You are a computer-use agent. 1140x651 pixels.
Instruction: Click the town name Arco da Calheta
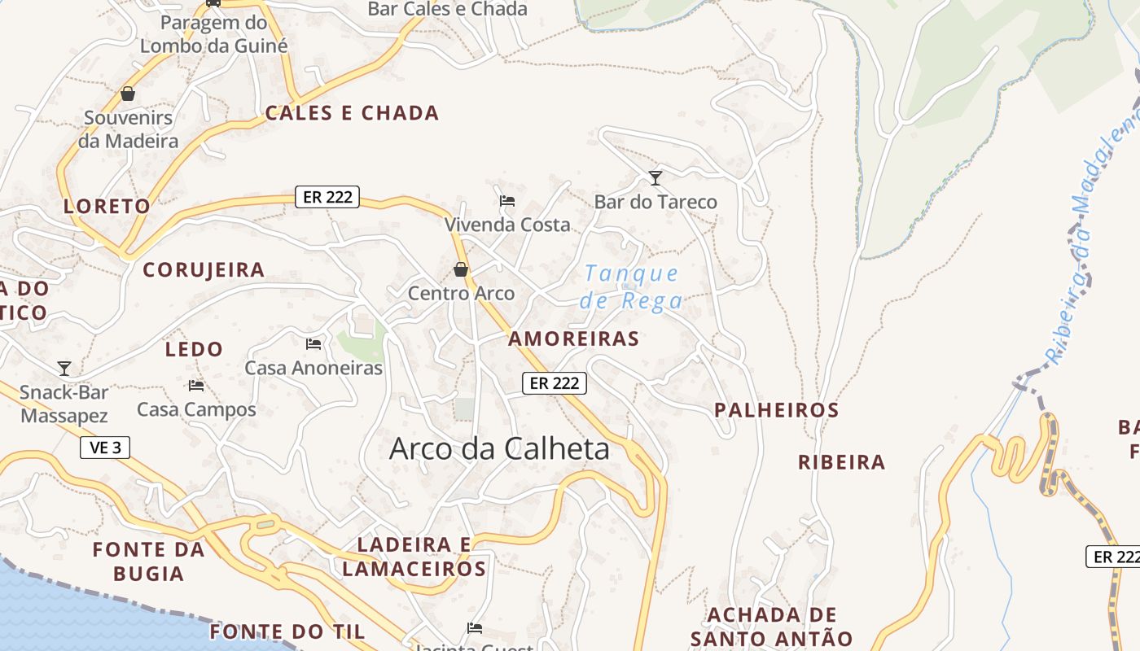coord(499,448)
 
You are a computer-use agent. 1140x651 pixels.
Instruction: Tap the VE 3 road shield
coord(105,448)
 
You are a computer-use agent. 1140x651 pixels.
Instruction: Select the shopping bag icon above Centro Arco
coord(461,269)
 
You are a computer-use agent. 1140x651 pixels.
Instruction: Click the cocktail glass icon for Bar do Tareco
coord(655,177)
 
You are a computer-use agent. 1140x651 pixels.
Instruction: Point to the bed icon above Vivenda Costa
coord(507,200)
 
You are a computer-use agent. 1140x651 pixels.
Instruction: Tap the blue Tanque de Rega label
coord(632,287)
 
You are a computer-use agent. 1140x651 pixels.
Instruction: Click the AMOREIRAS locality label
coord(574,339)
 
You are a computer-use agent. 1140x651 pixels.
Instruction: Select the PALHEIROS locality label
coord(776,410)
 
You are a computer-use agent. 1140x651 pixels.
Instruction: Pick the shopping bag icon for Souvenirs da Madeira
coord(128,94)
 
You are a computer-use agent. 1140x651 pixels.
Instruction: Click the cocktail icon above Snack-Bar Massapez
coord(64,369)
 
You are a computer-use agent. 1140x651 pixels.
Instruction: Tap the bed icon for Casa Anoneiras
coord(313,344)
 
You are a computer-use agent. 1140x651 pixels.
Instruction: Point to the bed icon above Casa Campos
coord(196,386)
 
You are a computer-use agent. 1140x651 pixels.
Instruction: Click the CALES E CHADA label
coord(352,113)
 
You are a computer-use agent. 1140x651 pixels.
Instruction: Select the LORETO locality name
coord(107,206)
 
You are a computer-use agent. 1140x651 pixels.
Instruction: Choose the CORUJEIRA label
coord(204,270)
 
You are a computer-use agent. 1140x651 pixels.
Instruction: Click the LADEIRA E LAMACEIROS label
coord(414,557)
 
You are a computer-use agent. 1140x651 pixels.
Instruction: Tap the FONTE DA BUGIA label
coord(148,561)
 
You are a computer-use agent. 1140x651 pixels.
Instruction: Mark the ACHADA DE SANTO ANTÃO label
coord(771,627)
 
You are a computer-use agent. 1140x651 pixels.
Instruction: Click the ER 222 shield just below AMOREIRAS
coord(555,382)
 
